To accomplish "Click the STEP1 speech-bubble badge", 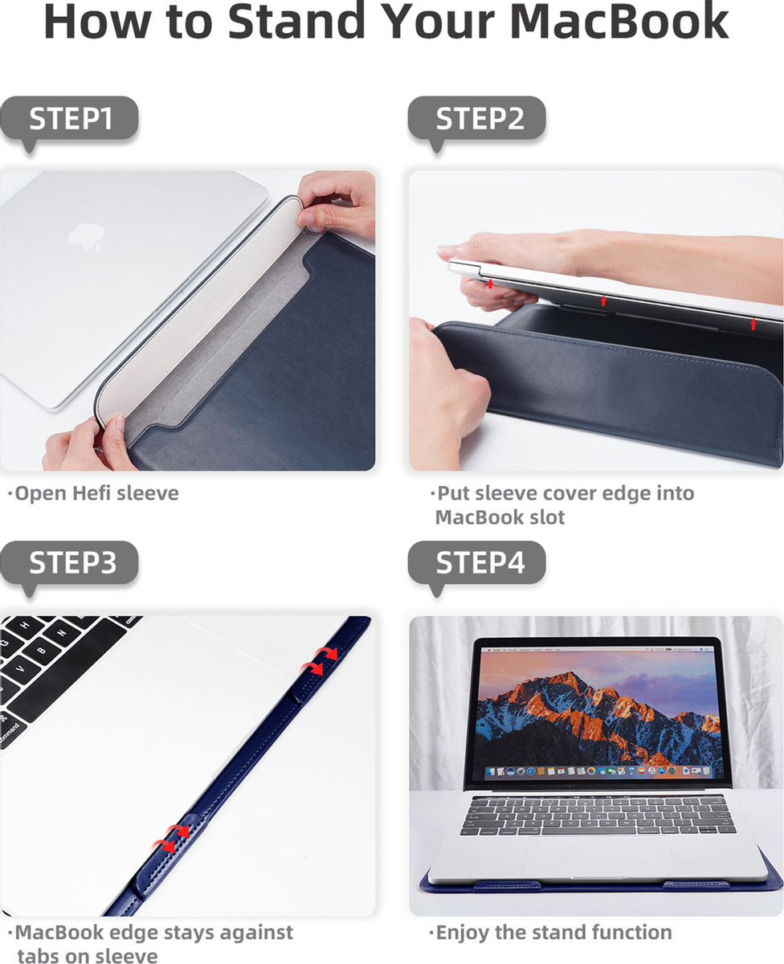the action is (70, 119).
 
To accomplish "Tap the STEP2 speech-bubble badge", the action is (477, 119).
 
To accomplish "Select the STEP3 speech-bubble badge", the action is (70, 563).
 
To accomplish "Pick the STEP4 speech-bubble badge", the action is (477, 563).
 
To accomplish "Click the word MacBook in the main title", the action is (619, 21).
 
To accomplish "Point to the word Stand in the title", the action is (296, 21).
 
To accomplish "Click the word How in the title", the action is (97, 22).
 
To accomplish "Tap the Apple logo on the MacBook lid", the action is (86, 236).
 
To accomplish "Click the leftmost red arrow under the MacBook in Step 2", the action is (490, 284).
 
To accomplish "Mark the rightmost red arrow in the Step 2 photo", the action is (753, 324).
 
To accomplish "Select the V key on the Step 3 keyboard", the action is (19, 668).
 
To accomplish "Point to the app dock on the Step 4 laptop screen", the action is (598, 770).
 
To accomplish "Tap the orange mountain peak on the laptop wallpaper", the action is (568, 679).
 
